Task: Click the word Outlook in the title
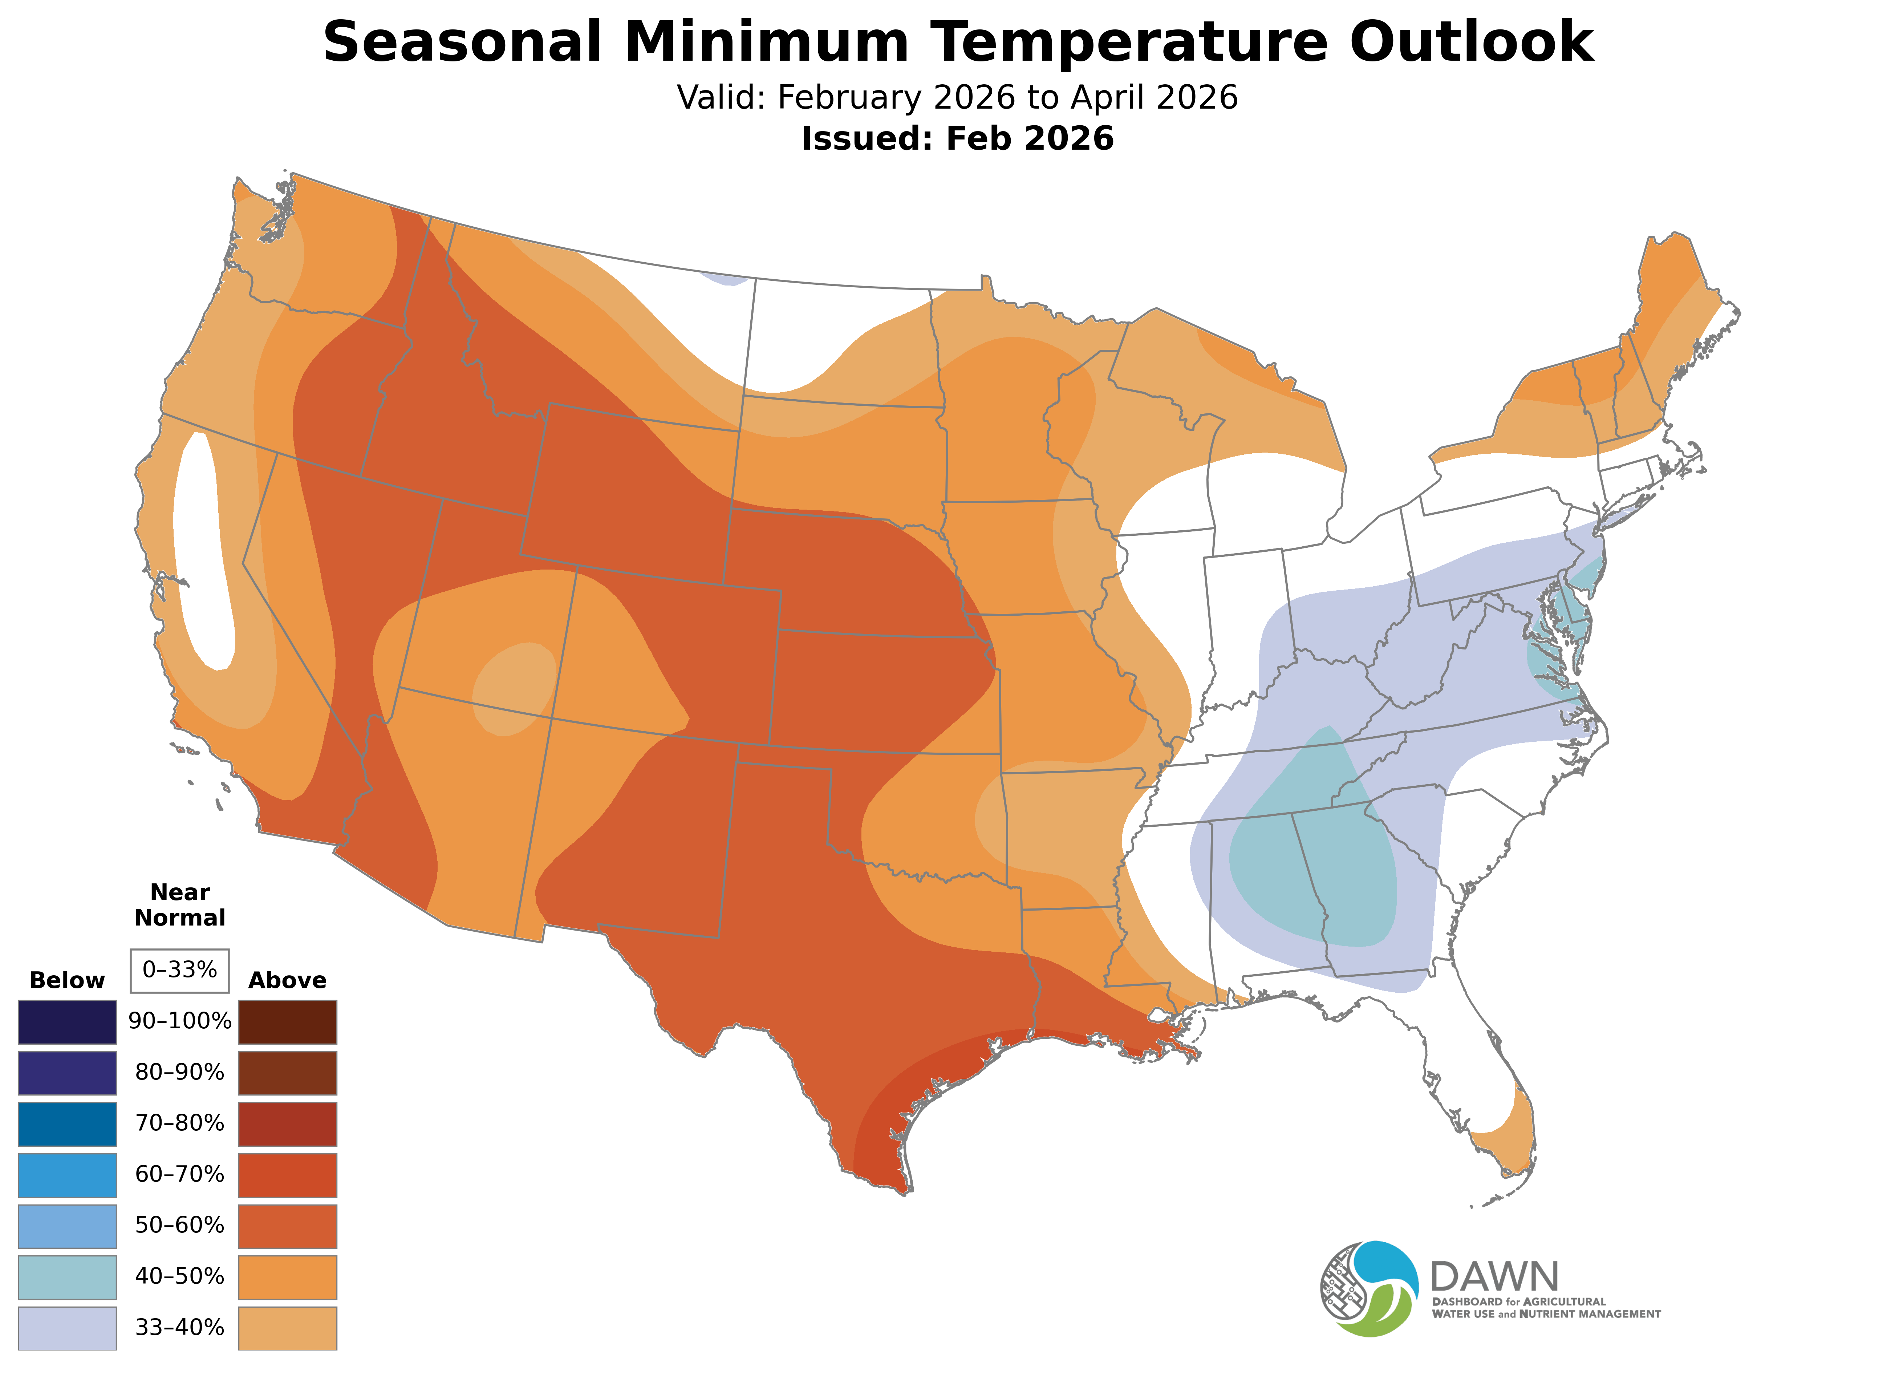[x=1471, y=42]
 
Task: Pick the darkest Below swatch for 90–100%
[x=68, y=1022]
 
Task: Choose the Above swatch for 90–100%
[x=288, y=1022]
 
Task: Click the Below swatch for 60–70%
[x=68, y=1175]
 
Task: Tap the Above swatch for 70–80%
[x=288, y=1124]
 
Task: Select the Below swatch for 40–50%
[x=68, y=1277]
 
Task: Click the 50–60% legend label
[x=179, y=1225]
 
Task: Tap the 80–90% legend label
[x=179, y=1073]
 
